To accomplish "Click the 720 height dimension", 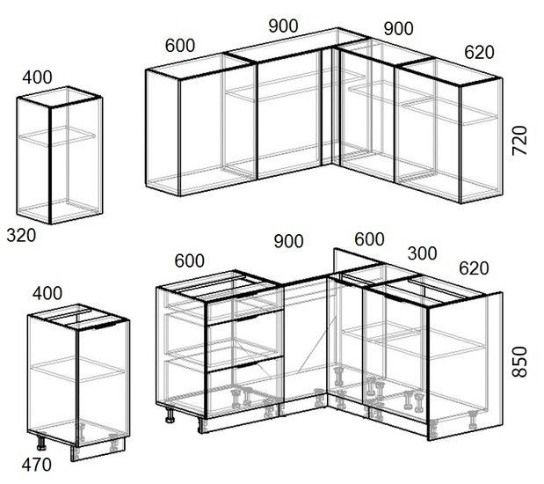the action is tap(519, 141).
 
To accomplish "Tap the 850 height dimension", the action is tap(519, 362).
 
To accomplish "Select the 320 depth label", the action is tap(21, 235).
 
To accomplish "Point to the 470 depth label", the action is tap(36, 465).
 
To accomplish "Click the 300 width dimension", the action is tap(422, 253).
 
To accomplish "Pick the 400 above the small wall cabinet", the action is tap(37, 77).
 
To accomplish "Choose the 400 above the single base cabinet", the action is tap(47, 293).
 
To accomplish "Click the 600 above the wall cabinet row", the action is tap(180, 46).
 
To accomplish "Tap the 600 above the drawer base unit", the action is tap(190, 260).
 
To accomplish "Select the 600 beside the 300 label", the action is tap(369, 239).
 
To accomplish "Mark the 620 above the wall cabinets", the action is tap(479, 53).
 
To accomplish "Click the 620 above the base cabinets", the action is tap(474, 268).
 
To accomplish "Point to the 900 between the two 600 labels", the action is tap(288, 241).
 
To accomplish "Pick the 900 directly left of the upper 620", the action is tap(399, 28).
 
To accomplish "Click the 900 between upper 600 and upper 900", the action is tap(284, 26).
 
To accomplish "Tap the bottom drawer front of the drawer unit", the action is tap(245, 386).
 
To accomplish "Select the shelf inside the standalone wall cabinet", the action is tap(57, 136).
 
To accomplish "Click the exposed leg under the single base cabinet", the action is tap(41, 443).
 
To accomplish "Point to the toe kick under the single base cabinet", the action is tap(98, 449).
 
